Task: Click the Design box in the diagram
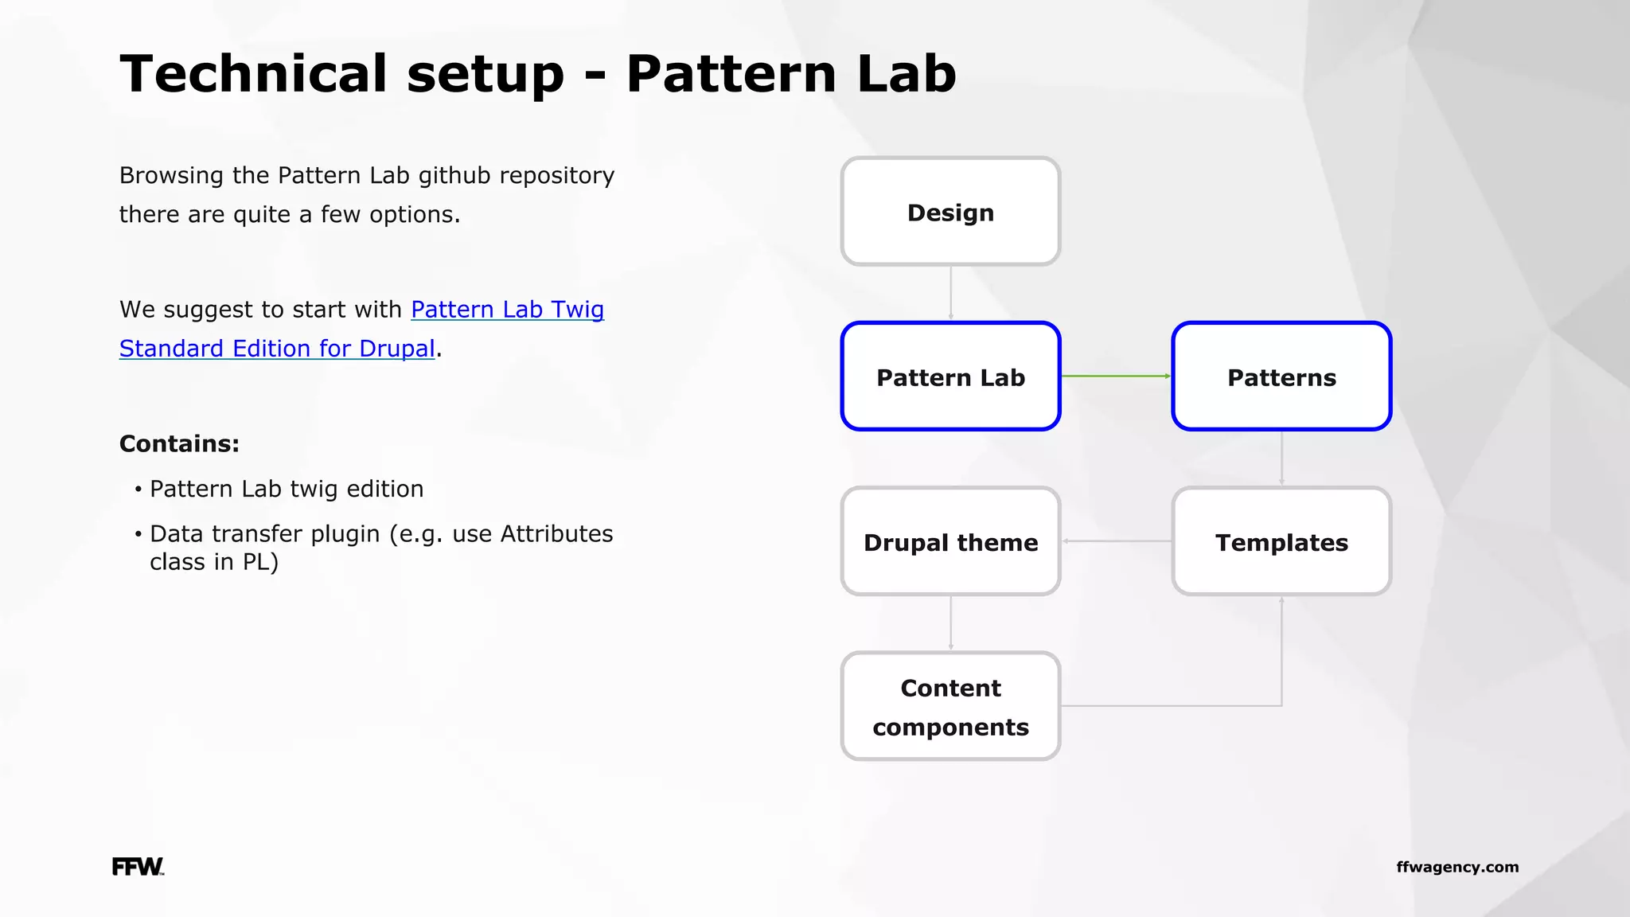(x=950, y=212)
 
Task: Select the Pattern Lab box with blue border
(x=950, y=377)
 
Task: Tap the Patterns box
(x=1281, y=377)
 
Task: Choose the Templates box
(x=1281, y=541)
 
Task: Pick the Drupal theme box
(x=950, y=541)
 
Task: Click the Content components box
(x=950, y=706)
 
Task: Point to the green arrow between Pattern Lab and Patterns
(x=1116, y=376)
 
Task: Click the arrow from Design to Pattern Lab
(x=950, y=293)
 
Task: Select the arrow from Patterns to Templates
(x=1281, y=458)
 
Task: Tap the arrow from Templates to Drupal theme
(x=1116, y=541)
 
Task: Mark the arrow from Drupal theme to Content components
(x=950, y=622)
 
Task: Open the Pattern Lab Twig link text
(x=507, y=309)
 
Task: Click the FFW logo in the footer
(x=138, y=867)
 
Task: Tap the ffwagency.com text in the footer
(x=1456, y=867)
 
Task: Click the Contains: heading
(x=179, y=443)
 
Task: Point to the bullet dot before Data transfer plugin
(x=138, y=533)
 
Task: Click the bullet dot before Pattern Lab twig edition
(x=138, y=489)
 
